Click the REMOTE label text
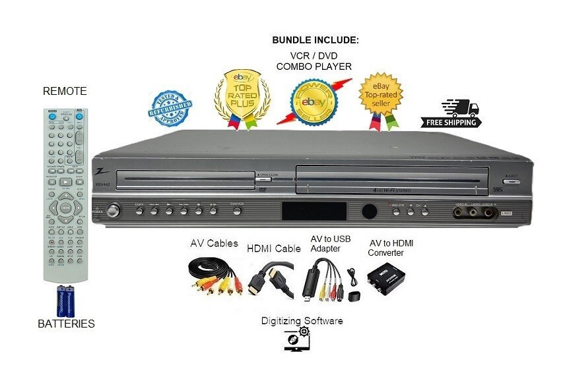[65, 91]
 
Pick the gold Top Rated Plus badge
[244, 98]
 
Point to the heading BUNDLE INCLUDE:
[315, 40]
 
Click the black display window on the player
[314, 212]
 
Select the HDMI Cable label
[273, 248]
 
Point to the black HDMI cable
[271, 279]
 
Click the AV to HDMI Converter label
[394, 248]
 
